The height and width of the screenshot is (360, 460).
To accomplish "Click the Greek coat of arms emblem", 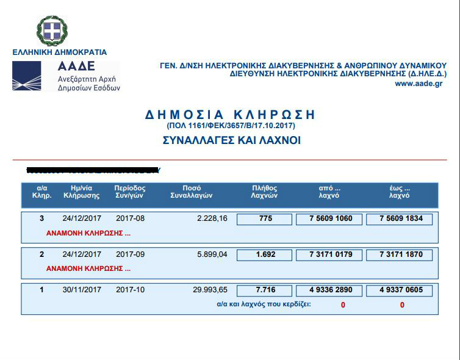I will pos(52,31).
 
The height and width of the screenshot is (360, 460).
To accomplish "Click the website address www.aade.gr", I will pos(418,84).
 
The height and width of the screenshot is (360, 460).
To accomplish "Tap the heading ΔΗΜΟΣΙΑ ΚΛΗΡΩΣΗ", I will pos(230,115).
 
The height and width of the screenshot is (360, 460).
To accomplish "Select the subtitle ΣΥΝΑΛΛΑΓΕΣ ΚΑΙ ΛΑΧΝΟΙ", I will pos(231,140).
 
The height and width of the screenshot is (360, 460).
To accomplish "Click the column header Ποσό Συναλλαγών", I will pos(191,192).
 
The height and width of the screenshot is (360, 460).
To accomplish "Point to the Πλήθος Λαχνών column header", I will pos(265,192).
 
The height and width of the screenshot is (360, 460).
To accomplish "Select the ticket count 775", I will pos(265,219).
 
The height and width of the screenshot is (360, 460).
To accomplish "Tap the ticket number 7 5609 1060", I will pos(329,219).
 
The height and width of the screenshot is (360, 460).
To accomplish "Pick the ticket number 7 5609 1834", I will pos(399,219).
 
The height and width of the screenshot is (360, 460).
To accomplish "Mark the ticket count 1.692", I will pos(265,254).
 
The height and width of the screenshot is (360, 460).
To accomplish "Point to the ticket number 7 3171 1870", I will pos(399,254).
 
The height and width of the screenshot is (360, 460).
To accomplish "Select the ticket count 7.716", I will pos(265,290).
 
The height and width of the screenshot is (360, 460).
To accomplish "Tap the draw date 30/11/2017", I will pos(82,290).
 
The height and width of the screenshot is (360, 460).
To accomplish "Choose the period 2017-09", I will pos(130,254).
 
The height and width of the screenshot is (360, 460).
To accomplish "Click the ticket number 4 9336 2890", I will pos(329,290).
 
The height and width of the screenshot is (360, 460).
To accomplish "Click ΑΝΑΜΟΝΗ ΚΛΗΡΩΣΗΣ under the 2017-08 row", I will pos(88,233).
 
